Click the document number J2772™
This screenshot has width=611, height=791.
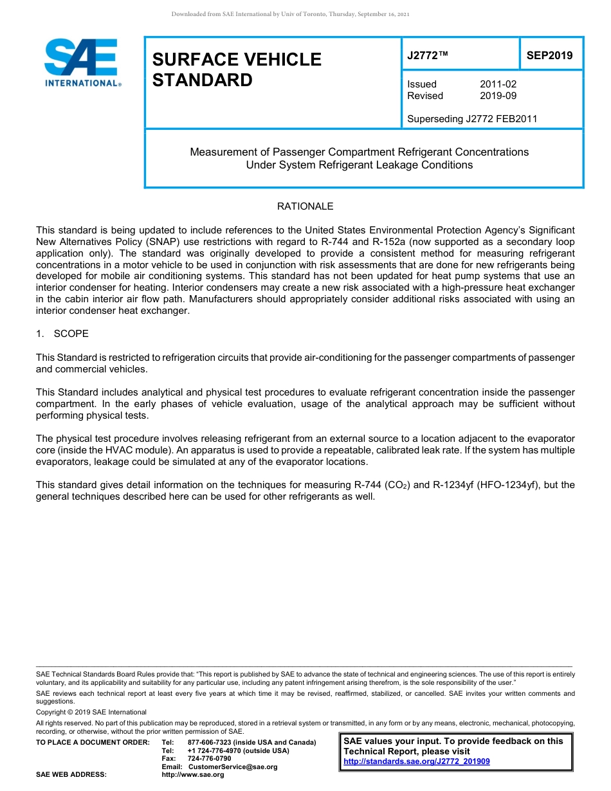428,55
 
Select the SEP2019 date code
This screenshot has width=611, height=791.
549,55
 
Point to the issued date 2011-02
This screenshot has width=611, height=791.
498,84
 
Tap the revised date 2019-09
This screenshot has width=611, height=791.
498,96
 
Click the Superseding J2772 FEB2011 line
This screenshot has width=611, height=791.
472,118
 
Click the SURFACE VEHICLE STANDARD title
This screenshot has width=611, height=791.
237,69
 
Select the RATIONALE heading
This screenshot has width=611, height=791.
305,206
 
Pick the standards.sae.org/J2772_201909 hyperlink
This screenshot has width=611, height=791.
417,761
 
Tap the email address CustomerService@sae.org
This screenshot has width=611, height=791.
233,767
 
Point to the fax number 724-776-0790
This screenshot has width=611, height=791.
209,758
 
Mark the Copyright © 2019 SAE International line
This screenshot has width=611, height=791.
91,712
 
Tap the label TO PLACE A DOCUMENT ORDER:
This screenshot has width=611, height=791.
93,742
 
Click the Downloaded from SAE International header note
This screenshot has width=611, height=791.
290,14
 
